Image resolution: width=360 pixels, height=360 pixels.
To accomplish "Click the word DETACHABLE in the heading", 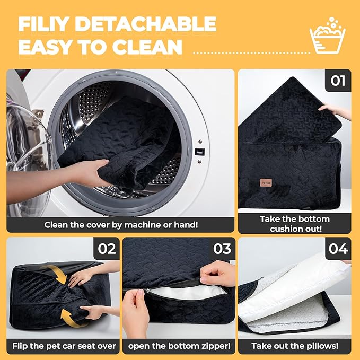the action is [146, 24].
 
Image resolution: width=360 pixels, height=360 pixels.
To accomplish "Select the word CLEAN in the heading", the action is [147, 47].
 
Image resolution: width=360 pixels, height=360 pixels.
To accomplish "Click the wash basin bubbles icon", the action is [328, 35].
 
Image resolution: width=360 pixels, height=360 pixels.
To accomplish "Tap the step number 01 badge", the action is [338, 81].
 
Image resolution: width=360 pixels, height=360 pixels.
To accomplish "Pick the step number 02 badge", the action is [107, 249].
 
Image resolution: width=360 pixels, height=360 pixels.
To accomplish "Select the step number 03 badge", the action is [222, 249].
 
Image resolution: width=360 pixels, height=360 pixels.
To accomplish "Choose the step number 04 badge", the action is [338, 249].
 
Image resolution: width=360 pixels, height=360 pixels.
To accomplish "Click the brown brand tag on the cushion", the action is [266, 183].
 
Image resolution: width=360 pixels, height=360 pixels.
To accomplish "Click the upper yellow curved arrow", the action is [56, 274].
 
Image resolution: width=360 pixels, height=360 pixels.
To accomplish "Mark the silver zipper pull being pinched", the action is [147, 291].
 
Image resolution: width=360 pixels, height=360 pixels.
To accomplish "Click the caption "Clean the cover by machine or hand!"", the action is [121, 225].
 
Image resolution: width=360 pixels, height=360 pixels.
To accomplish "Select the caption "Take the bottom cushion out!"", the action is [295, 224].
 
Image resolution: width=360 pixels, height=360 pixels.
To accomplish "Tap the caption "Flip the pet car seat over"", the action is [64, 346].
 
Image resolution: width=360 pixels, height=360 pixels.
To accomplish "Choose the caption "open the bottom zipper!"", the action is [179, 346].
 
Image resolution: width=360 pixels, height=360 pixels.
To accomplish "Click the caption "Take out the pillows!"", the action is [295, 346].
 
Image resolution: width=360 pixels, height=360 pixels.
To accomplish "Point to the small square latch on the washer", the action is [200, 152].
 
